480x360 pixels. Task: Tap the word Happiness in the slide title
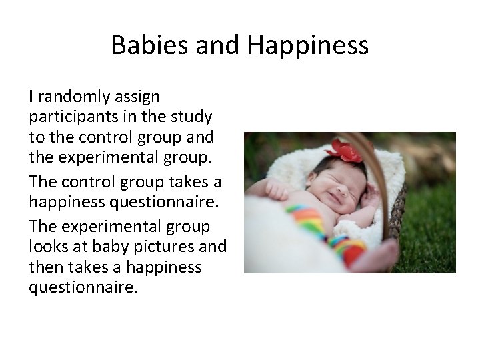click(308, 45)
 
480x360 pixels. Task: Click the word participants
click(67, 117)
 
